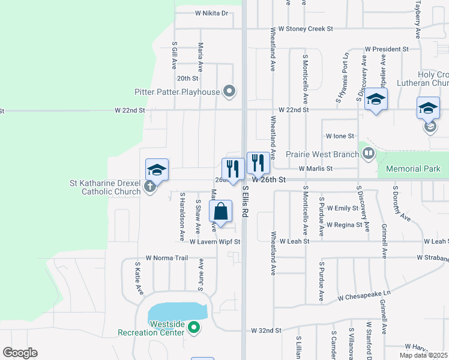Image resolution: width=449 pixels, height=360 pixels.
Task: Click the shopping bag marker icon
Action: pos(220,212)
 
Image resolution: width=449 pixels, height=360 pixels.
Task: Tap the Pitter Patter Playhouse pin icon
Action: pos(229,92)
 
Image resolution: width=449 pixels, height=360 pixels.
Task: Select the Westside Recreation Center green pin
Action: pos(193,328)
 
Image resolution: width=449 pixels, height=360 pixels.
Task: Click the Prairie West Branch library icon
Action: pos(368,154)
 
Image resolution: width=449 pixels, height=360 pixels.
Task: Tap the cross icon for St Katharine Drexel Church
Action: pos(149,187)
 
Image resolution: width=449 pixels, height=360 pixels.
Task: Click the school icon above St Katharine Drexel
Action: pos(157,170)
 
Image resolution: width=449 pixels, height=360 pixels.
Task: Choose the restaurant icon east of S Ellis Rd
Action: pos(258,162)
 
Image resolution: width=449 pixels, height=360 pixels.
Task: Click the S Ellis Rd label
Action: pos(246,200)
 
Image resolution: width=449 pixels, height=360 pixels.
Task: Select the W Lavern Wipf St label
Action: pos(215,242)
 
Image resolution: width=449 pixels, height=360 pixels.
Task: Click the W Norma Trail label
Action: pos(167,257)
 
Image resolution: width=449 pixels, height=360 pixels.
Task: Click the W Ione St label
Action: pos(340,137)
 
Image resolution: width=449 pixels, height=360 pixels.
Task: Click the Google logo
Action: pos(20,353)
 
